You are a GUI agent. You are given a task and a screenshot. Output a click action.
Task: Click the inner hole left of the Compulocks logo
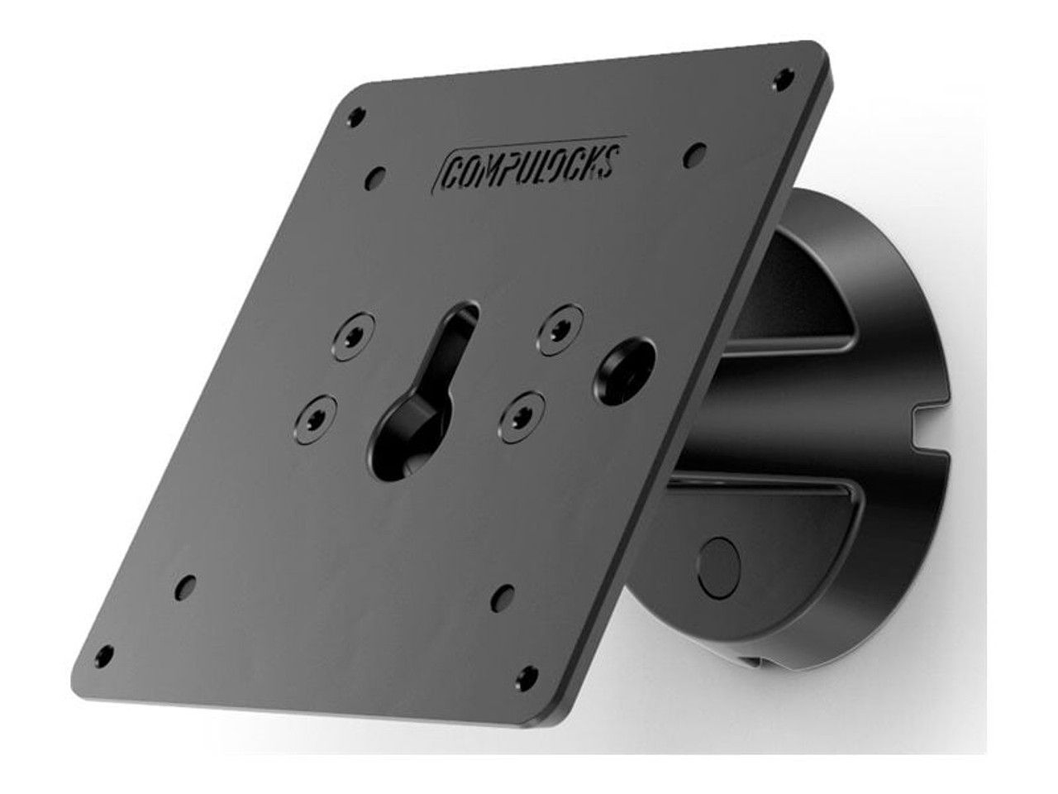click(x=378, y=175)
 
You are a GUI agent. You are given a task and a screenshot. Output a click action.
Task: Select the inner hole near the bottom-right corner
click(x=500, y=593)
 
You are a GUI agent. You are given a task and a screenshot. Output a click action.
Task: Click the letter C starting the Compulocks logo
click(x=452, y=170)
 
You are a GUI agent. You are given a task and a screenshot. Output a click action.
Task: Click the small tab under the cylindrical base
click(x=757, y=660)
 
